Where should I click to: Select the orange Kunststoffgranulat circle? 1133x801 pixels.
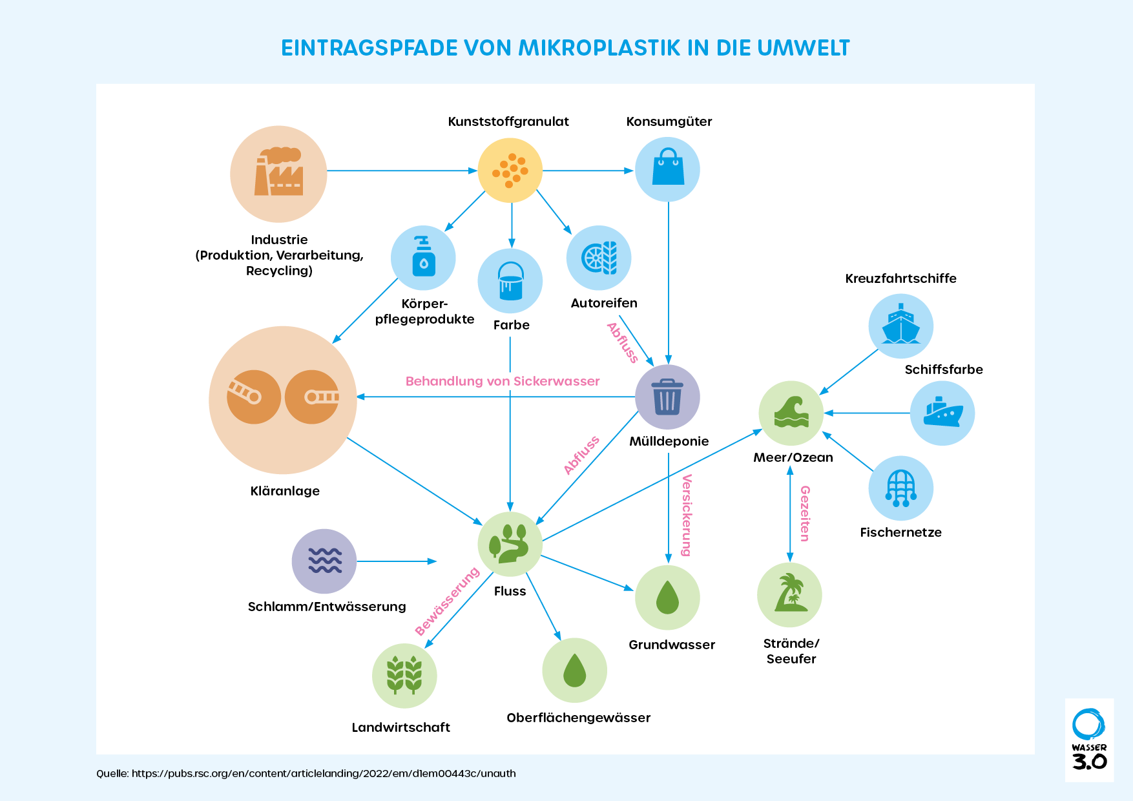pos(510,171)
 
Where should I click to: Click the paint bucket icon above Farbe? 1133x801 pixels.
pos(510,281)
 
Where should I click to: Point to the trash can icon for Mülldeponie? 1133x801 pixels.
pos(667,397)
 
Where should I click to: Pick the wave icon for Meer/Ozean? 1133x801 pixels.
pos(791,413)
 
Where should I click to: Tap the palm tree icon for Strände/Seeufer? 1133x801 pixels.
pos(790,593)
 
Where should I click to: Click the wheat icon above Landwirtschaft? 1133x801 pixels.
pos(404,675)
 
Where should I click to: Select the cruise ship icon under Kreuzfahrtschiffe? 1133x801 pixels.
pos(900,325)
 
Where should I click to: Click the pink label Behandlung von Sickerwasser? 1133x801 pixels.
pos(503,381)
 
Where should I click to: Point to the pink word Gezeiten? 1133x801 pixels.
pos(805,514)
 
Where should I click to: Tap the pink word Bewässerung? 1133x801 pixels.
pos(447,601)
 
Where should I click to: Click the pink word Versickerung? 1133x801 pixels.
pos(687,515)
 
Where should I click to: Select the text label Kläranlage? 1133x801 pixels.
pos(285,491)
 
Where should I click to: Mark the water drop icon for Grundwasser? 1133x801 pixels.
pos(667,598)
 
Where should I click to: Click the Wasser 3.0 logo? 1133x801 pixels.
pos(1089,740)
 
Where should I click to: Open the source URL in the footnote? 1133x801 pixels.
pos(324,773)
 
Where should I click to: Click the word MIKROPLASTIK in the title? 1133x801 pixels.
pos(599,48)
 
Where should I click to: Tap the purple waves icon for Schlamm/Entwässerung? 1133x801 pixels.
pos(324,561)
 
